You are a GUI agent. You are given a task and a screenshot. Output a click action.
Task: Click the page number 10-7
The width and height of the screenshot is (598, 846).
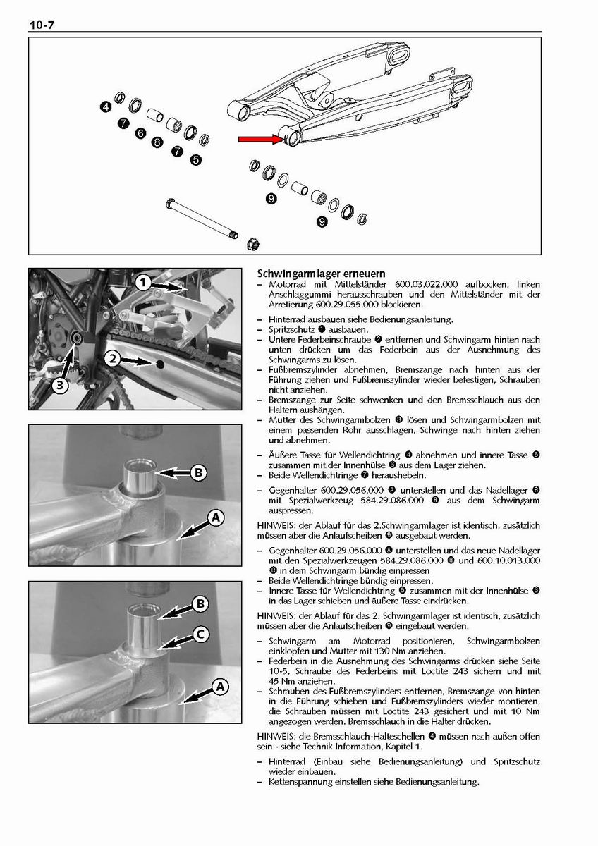click(x=42, y=26)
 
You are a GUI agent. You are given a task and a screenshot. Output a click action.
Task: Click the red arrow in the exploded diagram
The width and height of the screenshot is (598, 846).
click(x=260, y=140)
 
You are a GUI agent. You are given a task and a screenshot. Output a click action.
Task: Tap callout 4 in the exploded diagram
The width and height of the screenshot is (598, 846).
click(x=105, y=107)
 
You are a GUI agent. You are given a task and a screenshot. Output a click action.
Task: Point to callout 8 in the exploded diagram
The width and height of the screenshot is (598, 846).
click(x=157, y=142)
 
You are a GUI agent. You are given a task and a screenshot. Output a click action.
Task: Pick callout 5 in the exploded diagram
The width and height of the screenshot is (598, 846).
click(x=195, y=160)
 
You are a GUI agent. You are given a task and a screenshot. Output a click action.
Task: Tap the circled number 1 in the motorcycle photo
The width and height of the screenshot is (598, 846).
click(x=142, y=283)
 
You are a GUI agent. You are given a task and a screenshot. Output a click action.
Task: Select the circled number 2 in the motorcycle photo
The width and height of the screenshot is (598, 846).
click(x=112, y=359)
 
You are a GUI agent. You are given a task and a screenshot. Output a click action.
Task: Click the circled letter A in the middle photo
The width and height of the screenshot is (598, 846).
click(x=216, y=518)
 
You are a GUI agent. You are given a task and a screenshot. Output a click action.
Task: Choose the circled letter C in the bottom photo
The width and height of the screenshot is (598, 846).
click(x=200, y=634)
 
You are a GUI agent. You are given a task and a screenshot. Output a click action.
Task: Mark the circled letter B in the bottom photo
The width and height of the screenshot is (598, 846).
click(x=200, y=603)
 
